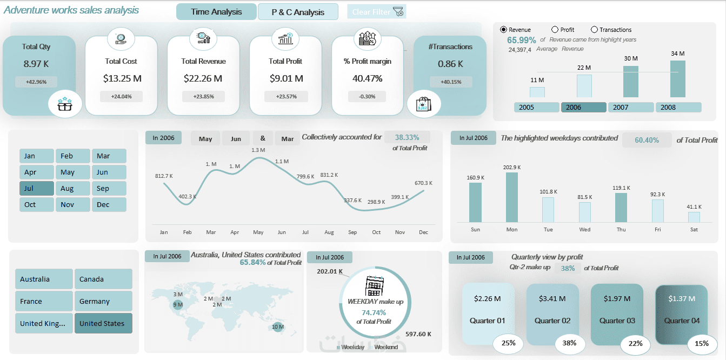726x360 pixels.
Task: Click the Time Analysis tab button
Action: pyautogui.click(x=216, y=12)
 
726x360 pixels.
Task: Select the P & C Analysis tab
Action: pyautogui.click(x=298, y=12)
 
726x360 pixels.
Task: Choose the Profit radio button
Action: pyautogui.click(x=555, y=30)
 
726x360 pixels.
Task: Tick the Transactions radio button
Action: pyautogui.click(x=595, y=30)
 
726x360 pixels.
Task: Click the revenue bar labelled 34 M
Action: pyautogui.click(x=678, y=79)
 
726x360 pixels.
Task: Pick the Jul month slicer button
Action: pyautogui.click(x=36, y=189)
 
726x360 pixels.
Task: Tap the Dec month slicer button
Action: pyautogui.click(x=109, y=205)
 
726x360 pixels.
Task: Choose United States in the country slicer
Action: pyautogui.click(x=103, y=324)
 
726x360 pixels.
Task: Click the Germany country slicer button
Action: pyautogui.click(x=103, y=302)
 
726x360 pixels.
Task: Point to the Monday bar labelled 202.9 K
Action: pyautogui.click(x=512, y=197)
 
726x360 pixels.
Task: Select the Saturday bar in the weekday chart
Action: pyautogui.click(x=694, y=217)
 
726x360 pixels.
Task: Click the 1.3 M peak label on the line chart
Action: pyautogui.click(x=258, y=150)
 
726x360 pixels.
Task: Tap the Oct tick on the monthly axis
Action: pyautogui.click(x=376, y=232)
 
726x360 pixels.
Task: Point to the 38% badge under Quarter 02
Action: pyautogui.click(x=569, y=343)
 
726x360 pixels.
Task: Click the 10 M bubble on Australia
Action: pyautogui.click(x=278, y=326)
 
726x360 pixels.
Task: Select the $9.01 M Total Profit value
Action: pyautogui.click(x=286, y=78)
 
